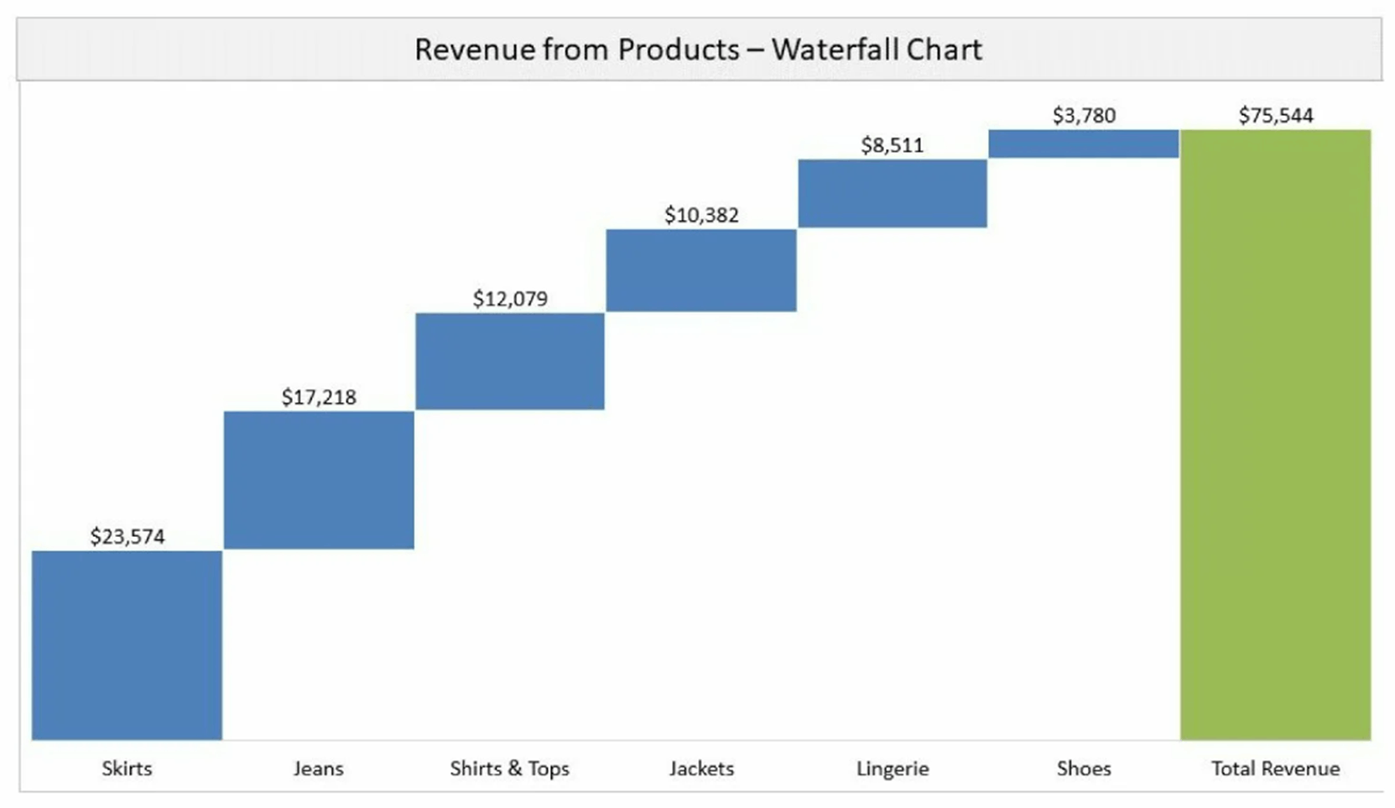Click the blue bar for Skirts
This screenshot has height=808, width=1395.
[x=127, y=644]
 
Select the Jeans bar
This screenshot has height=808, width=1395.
[x=319, y=479]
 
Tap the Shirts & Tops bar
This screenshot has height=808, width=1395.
[x=510, y=361]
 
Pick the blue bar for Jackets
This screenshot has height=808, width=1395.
[x=701, y=269]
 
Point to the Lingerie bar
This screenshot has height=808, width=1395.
[x=893, y=193]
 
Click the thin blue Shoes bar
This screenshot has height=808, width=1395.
[x=1084, y=143]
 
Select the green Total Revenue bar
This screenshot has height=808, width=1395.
[x=1275, y=434]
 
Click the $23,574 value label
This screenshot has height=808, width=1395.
[x=128, y=536]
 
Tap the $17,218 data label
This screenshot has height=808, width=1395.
[x=319, y=397]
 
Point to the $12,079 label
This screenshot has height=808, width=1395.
[x=510, y=299]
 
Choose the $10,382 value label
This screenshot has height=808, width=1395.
[x=701, y=215]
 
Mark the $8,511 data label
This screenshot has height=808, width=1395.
[x=892, y=145]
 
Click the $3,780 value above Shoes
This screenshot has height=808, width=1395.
[x=1084, y=115]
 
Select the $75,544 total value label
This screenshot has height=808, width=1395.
[x=1275, y=115]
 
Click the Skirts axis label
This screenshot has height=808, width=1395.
[x=127, y=768]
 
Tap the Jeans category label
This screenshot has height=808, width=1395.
[x=319, y=768]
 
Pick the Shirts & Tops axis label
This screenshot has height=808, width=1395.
[x=509, y=768]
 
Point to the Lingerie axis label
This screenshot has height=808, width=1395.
[x=893, y=768]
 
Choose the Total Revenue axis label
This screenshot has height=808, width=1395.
[x=1275, y=768]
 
